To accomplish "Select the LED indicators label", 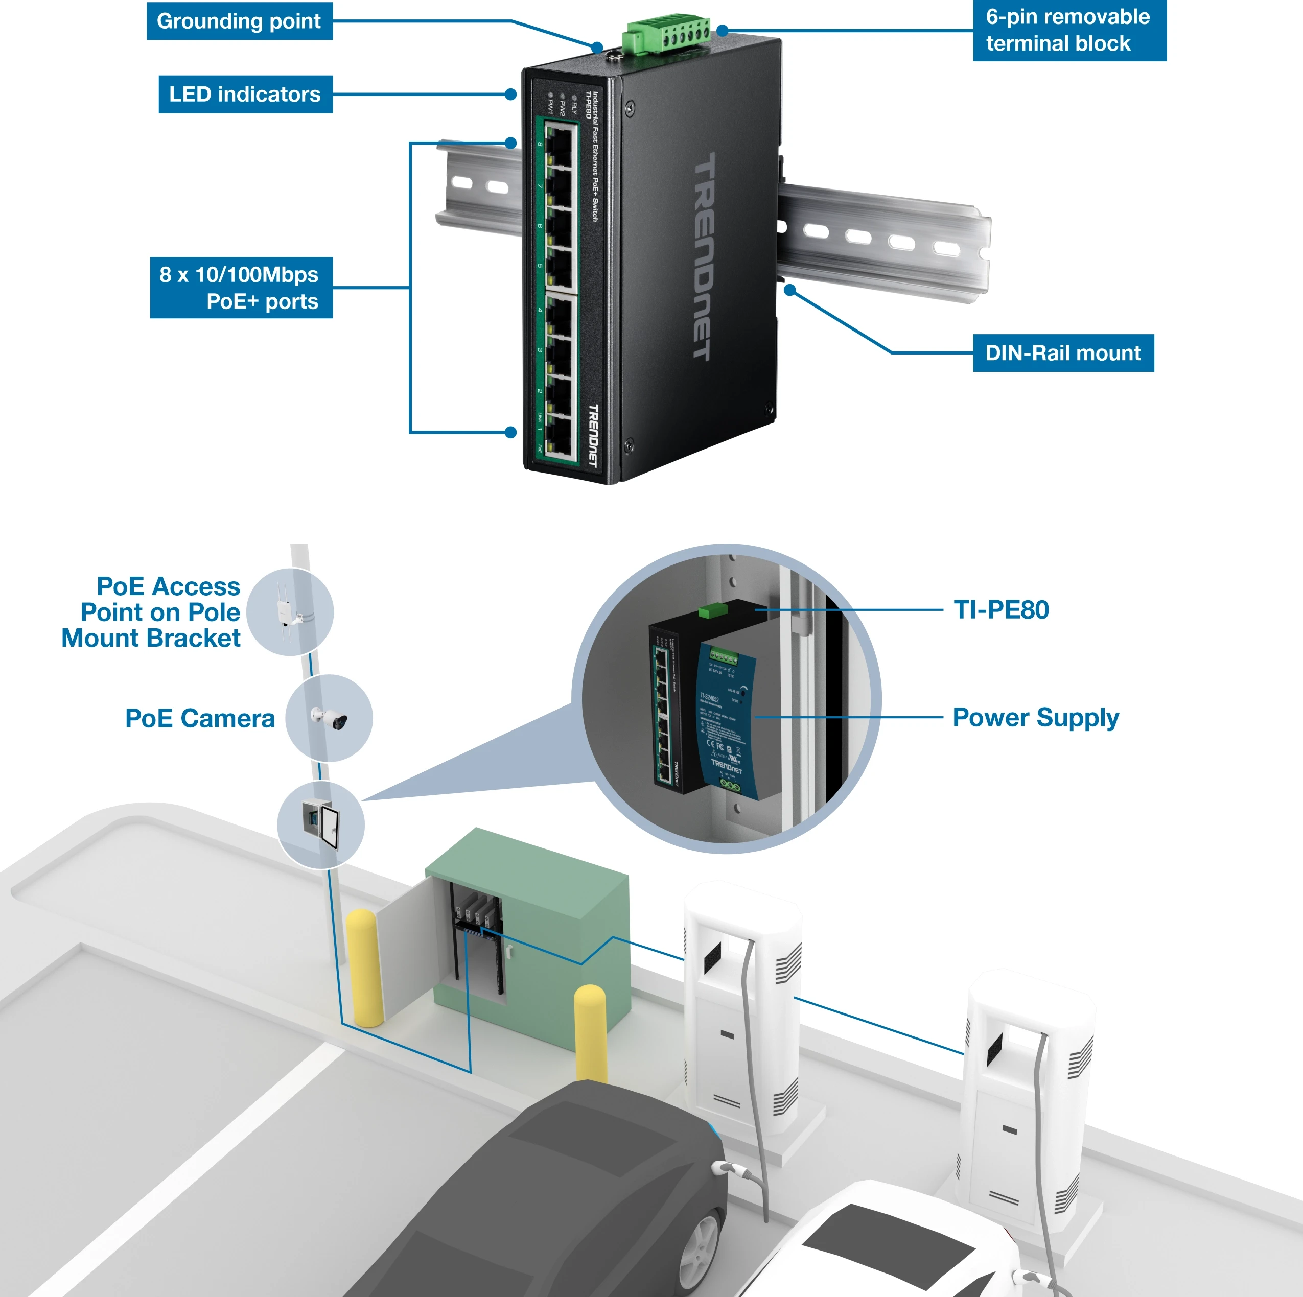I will pos(245,95).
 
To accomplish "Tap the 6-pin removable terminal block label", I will pos(1068,30).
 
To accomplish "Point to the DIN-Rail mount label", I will pos(1063,352).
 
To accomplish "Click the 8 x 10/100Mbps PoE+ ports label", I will pos(241,288).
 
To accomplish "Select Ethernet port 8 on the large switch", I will pos(559,145).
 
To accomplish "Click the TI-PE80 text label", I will pos(1001,610).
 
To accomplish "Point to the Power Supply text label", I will pos(1035,718).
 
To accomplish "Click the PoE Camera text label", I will pos(200,719).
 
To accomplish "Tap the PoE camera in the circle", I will pos(331,719).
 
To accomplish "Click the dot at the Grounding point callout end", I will pos(597,46).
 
